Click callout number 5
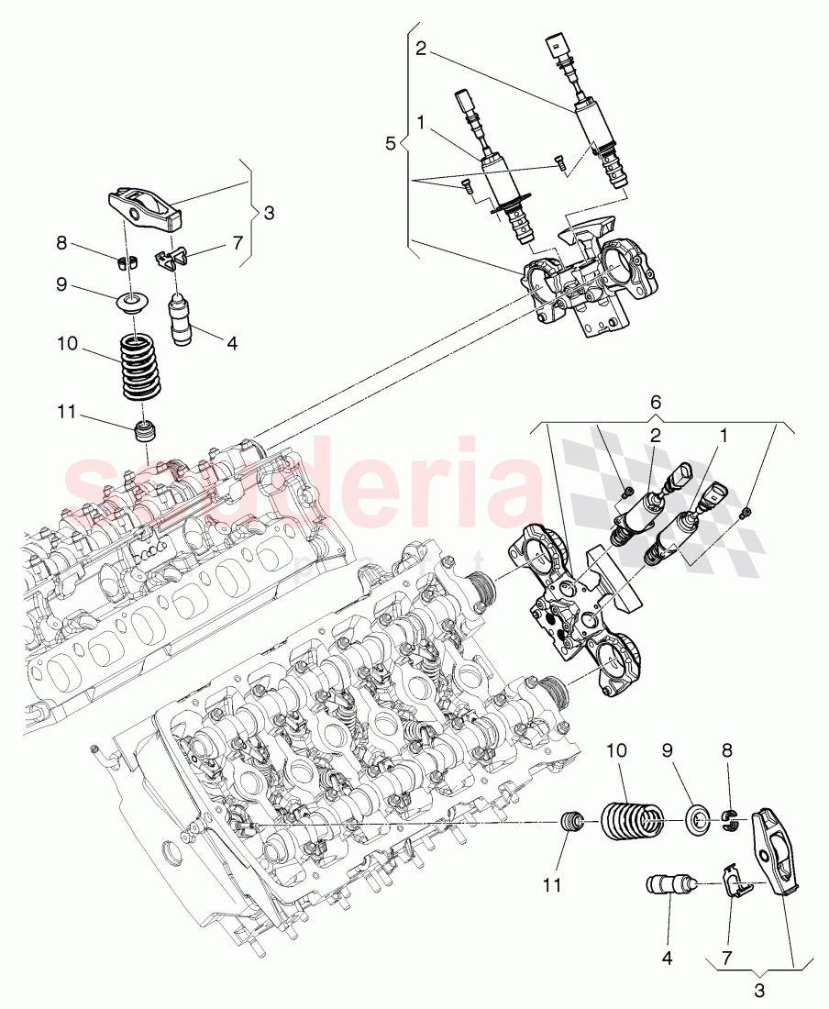click(x=390, y=143)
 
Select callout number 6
click(x=654, y=404)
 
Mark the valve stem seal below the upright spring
click(x=143, y=429)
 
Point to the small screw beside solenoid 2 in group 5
click(x=559, y=163)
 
